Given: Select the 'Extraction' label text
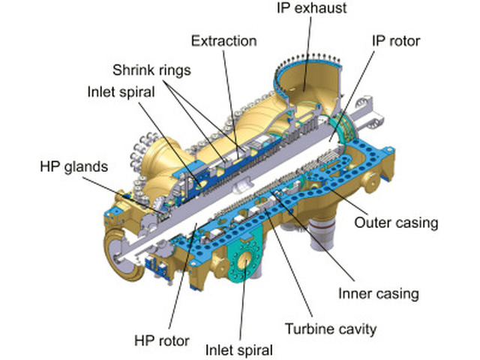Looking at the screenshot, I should click(x=223, y=40).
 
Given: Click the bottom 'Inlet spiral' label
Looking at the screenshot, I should click(x=240, y=349).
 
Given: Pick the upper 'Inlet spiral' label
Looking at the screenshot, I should click(x=121, y=92).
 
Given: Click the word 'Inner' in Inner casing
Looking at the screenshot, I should click(x=355, y=293).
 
